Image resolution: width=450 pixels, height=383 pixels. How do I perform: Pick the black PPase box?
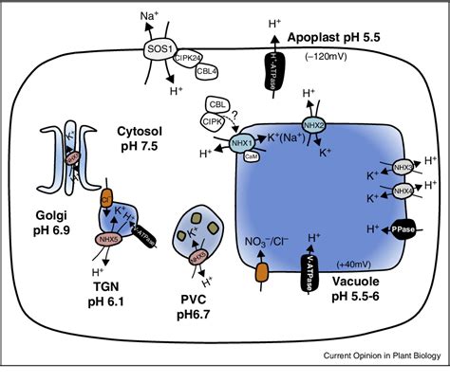tap(399, 228)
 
